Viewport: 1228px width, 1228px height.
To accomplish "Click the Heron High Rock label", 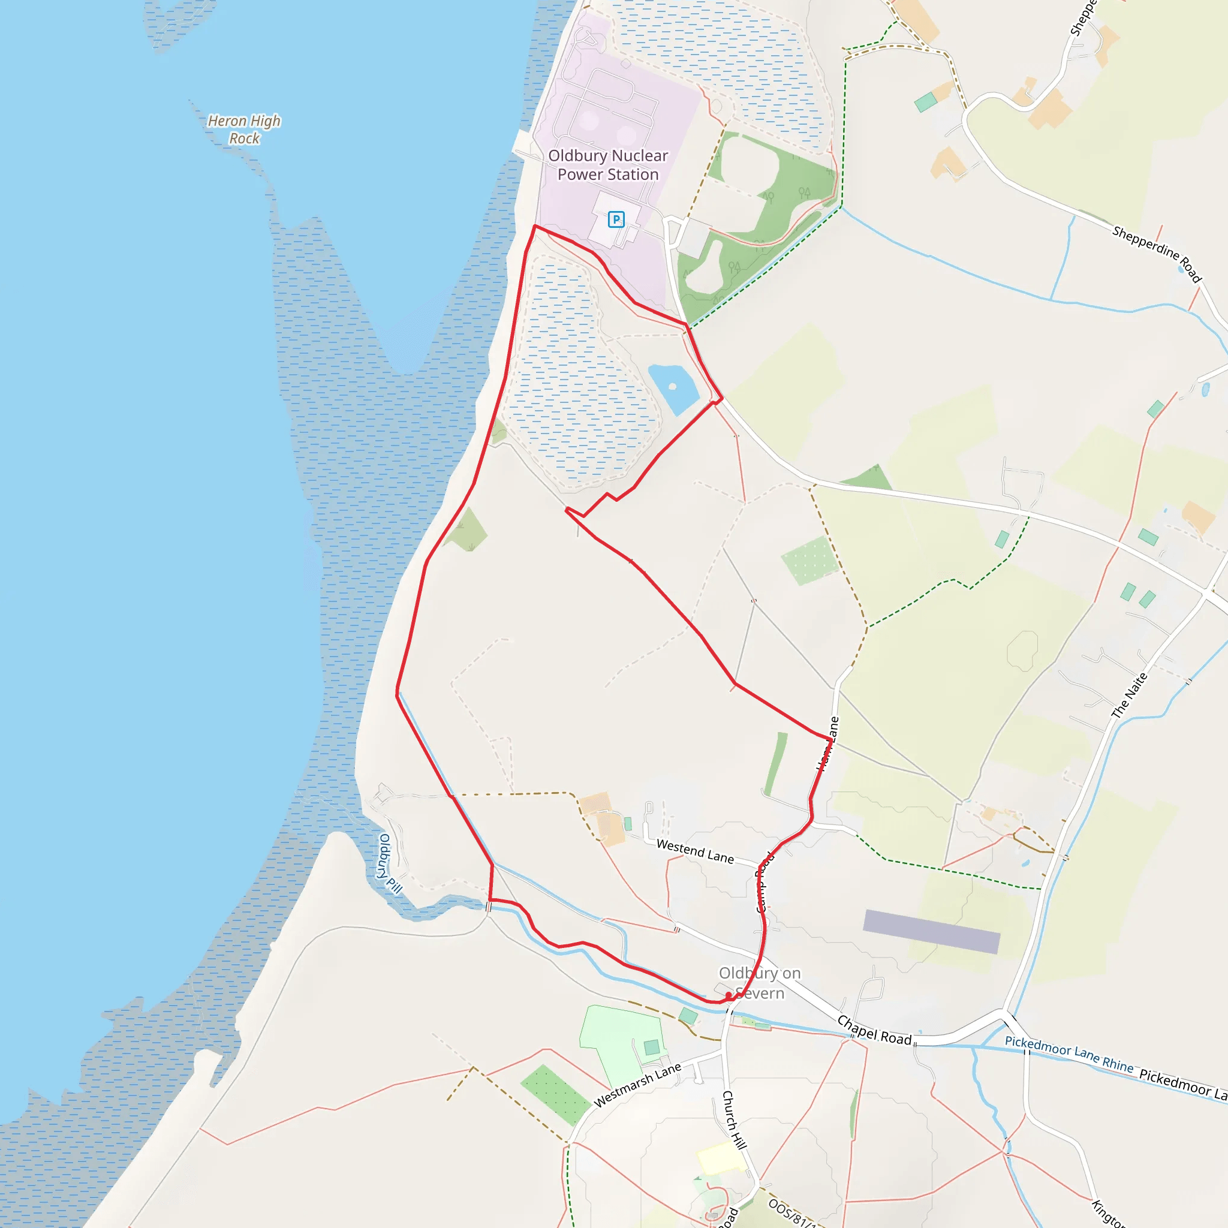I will [244, 129].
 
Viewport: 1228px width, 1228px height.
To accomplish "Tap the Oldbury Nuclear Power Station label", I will [607, 165].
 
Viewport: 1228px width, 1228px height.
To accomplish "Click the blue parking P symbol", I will [616, 219].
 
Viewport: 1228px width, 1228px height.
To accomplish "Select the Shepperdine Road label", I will [1157, 253].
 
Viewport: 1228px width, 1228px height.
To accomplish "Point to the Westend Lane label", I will [695, 851].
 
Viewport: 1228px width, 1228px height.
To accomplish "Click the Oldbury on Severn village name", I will [760, 983].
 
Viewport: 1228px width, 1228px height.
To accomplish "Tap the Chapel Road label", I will [874, 1030].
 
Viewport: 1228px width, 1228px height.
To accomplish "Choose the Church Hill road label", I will [733, 1119].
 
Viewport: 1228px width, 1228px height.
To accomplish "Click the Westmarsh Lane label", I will [637, 1084].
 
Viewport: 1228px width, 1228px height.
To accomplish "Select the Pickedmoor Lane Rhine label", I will [1069, 1055].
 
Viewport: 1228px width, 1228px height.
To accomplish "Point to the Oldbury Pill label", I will [390, 864].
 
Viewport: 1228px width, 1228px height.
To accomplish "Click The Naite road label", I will [1130, 696].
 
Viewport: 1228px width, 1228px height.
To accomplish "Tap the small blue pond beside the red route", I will [673, 387].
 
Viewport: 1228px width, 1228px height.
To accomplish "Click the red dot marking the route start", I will [729, 995].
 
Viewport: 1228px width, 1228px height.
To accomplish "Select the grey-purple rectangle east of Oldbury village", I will [931, 931].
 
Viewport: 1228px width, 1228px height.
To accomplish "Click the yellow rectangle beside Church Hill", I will [721, 1157].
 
